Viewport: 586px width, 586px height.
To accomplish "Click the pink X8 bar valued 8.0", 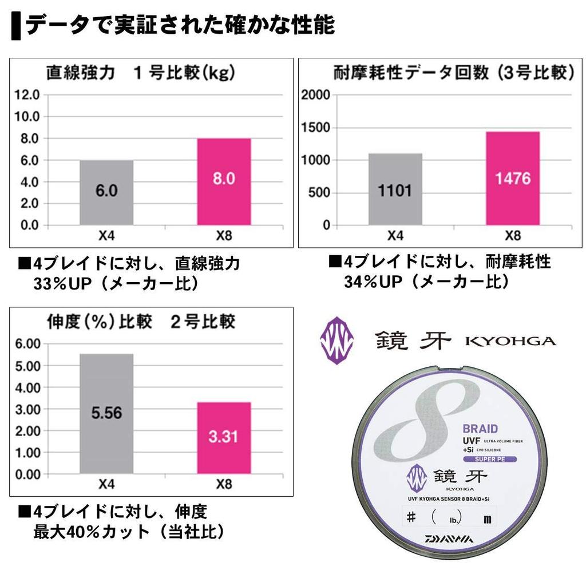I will (224, 181).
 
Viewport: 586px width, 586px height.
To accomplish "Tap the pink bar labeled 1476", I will (512, 178).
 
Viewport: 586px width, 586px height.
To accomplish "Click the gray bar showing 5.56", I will (106, 413).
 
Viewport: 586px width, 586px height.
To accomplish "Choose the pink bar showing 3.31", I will (224, 438).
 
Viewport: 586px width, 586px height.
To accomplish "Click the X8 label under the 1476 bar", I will (513, 235).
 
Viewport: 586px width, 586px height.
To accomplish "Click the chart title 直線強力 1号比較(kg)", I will (141, 73).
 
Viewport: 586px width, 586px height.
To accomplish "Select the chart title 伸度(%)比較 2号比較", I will (141, 322).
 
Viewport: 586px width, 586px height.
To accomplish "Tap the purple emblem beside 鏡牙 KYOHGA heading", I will (336, 342).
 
